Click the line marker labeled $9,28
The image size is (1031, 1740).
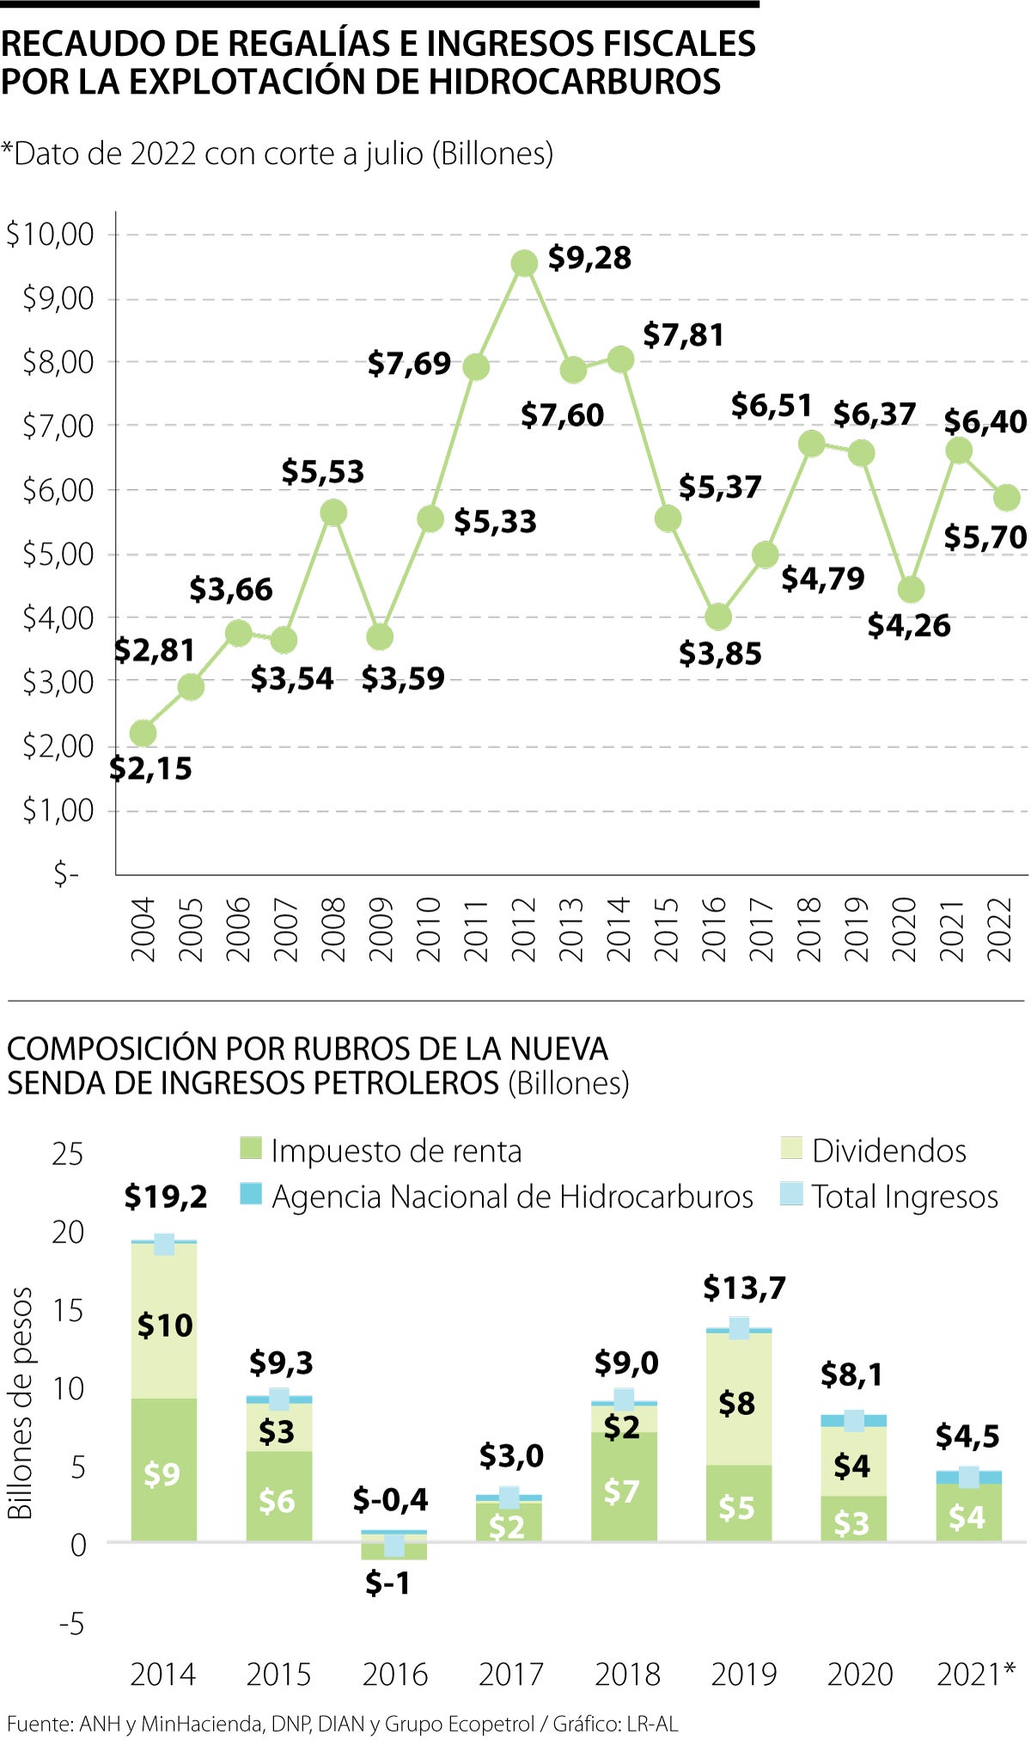click(524, 264)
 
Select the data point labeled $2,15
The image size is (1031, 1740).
click(143, 733)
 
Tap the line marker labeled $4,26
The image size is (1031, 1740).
click(910, 590)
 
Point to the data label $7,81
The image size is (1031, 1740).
click(683, 335)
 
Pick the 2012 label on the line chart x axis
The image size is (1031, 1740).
click(524, 929)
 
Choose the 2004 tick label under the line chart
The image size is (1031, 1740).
click(143, 929)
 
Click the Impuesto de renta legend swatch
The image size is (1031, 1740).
click(250, 1149)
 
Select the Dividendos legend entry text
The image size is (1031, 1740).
click(889, 1150)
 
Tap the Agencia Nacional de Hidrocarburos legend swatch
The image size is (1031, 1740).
click(250, 1194)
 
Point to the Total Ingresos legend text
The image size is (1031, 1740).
click(905, 1197)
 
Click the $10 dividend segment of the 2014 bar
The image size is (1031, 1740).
click(164, 1325)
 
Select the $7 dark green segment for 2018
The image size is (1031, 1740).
click(623, 1491)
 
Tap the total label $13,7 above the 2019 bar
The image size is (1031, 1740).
click(744, 1288)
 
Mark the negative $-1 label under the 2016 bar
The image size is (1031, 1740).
click(387, 1583)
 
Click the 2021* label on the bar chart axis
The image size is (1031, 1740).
click(975, 1674)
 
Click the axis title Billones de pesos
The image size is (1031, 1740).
click(21, 1403)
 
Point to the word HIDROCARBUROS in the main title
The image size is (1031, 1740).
click(574, 83)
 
